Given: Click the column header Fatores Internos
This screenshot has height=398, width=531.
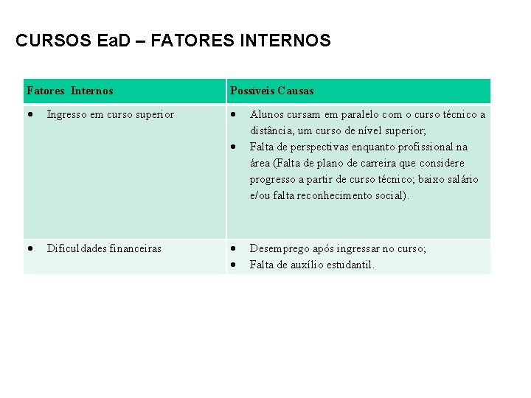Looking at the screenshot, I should coord(69,91).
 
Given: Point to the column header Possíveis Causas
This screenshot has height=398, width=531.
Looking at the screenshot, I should coord(271,91).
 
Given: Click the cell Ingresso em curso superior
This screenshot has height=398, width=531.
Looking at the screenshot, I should coord(111,114).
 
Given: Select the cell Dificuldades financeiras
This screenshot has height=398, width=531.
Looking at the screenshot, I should coord(104,249).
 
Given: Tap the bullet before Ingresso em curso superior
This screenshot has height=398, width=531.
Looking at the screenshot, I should coord(29,114).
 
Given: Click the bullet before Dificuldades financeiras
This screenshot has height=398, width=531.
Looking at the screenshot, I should coord(29,249).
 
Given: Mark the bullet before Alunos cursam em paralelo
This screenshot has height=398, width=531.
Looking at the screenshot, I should coord(232,114).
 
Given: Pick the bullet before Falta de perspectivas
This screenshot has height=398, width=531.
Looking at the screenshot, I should coord(232,147).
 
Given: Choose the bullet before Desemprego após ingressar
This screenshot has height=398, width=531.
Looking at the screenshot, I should coord(232,249).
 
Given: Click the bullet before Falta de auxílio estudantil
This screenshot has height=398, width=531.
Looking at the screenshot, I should coord(232,265).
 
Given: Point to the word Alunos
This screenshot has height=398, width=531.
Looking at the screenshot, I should coord(265,114).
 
